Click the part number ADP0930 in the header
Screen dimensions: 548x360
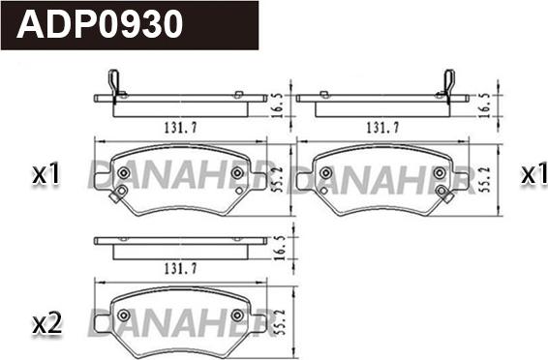[100, 23]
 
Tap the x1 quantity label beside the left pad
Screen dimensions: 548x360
[46, 173]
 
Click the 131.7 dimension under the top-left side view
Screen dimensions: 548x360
[181, 128]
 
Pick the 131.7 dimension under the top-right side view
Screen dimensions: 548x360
[383, 128]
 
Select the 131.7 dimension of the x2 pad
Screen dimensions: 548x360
[181, 268]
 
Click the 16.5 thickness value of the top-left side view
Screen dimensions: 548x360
[277, 105]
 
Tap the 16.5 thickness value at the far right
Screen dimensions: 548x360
[485, 105]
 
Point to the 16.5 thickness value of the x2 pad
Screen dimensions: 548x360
[281, 248]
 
